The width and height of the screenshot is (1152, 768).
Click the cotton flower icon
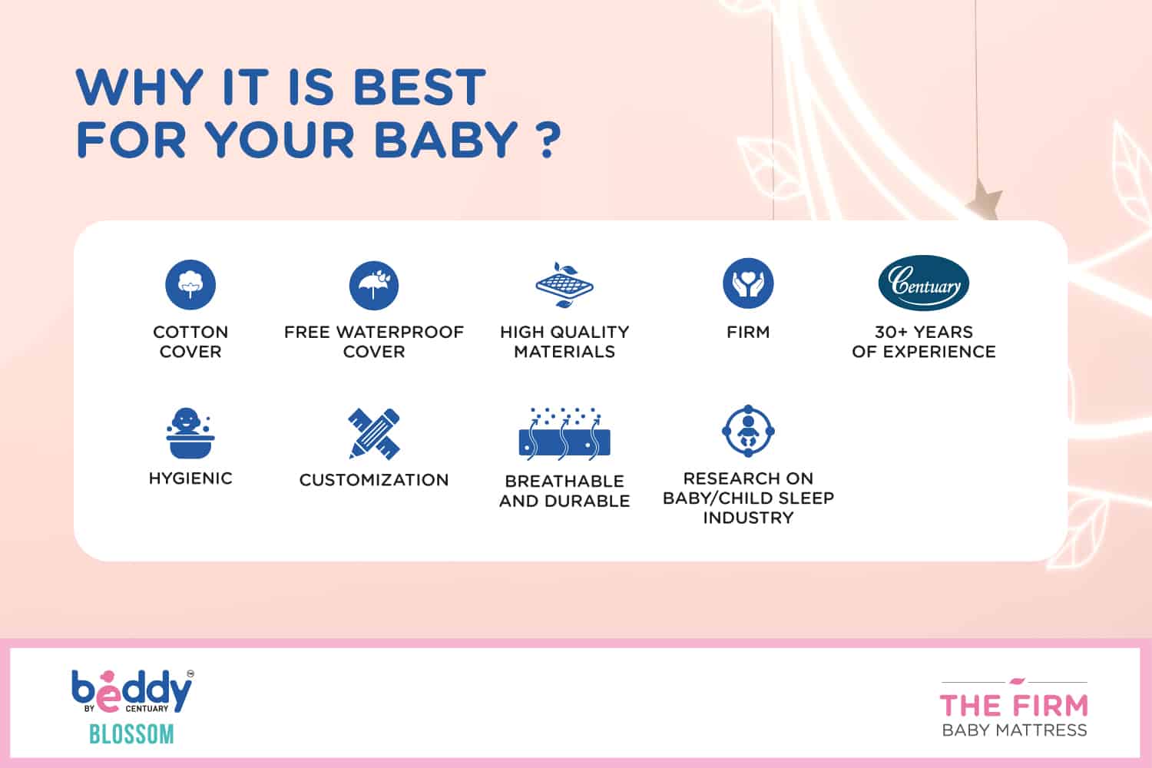[190, 284]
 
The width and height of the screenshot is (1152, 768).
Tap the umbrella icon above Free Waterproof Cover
[373, 286]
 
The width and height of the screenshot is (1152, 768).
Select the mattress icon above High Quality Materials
[564, 285]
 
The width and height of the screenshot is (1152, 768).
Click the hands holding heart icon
[748, 283]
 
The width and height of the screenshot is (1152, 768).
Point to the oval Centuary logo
[924, 283]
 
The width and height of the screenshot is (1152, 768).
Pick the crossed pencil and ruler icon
[374, 434]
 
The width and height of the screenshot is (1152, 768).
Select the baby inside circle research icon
[748, 431]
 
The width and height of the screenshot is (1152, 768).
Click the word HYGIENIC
[190, 478]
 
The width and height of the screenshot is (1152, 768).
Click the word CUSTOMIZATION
[374, 480]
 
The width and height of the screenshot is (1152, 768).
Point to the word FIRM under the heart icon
[748, 333]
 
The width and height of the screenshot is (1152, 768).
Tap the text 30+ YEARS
[924, 333]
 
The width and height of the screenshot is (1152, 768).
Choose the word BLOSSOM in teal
[131, 734]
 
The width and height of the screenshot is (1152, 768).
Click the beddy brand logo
[132, 691]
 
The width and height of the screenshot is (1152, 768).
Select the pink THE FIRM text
[1014, 706]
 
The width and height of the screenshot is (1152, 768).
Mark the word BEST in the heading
[419, 87]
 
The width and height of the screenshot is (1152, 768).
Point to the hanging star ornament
[985, 200]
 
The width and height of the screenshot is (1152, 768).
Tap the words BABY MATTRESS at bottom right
[1015, 730]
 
